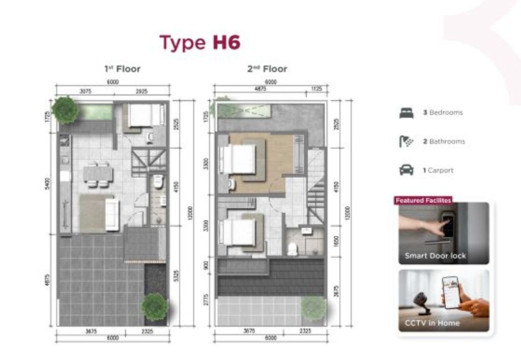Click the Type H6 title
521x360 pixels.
[199, 43]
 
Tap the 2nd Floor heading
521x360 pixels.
[267, 69]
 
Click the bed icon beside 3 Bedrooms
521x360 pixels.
[407, 113]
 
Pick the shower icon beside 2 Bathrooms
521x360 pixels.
[407, 142]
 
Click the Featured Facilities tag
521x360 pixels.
[423, 201]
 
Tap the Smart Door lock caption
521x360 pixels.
[435, 256]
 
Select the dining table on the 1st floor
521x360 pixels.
[98, 173]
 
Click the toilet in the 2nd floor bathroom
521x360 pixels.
[293, 249]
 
